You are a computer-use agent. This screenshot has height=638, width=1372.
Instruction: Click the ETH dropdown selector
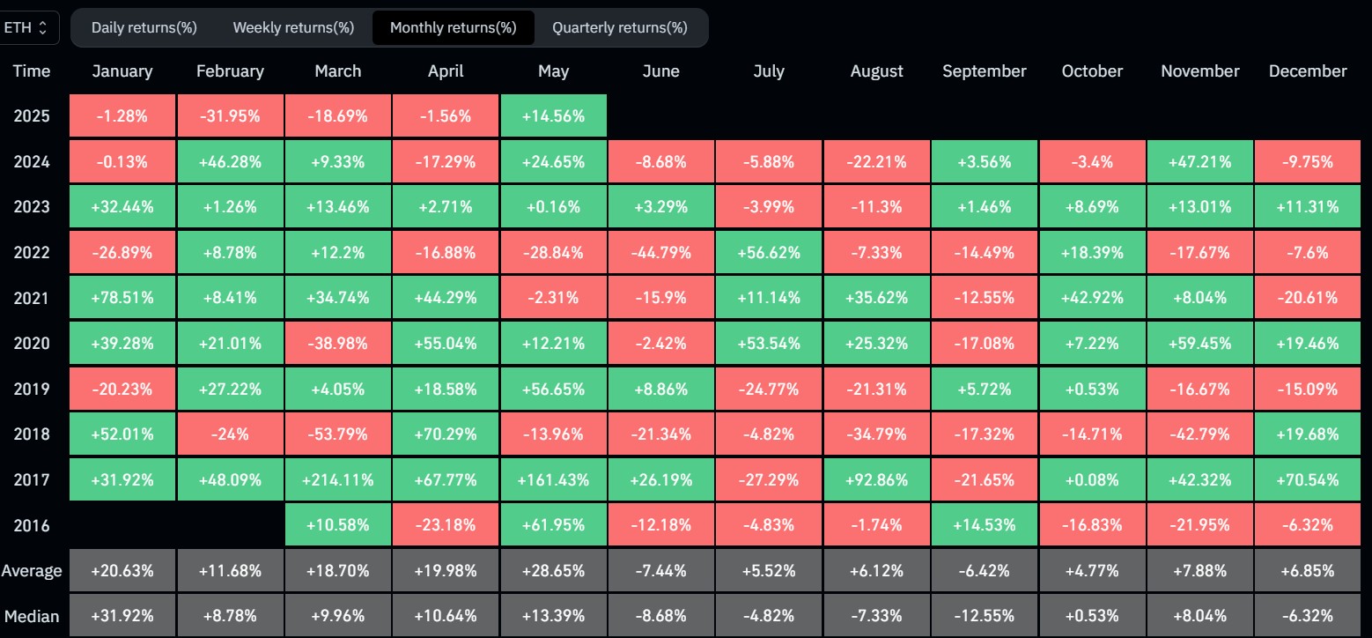click(29, 27)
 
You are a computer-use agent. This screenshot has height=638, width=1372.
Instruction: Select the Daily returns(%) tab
click(144, 27)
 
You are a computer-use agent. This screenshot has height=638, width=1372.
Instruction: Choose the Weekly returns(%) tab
click(293, 27)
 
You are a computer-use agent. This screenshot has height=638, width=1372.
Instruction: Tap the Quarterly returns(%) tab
click(619, 27)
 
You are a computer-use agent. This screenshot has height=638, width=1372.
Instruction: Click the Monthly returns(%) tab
click(453, 27)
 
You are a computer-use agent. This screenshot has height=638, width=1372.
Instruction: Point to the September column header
click(984, 71)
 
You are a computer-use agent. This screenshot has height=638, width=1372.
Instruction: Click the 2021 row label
click(32, 299)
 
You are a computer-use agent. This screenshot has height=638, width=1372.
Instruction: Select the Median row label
click(32, 616)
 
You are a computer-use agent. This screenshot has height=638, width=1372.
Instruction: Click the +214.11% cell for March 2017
click(338, 480)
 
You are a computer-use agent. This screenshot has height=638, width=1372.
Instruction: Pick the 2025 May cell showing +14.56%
click(553, 115)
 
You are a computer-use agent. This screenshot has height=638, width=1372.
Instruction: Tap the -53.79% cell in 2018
click(338, 434)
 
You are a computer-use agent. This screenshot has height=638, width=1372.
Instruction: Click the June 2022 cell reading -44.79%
click(660, 253)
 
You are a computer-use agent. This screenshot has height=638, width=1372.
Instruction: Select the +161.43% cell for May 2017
click(553, 480)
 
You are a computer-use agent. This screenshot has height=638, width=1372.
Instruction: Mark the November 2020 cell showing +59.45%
click(1199, 344)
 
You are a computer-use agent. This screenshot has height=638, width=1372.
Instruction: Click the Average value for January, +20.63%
click(122, 571)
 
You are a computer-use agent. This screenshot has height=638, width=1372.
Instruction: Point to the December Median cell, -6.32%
click(1308, 616)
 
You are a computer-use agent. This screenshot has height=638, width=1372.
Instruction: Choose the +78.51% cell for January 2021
click(122, 299)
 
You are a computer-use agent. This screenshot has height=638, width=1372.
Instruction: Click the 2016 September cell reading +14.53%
click(984, 526)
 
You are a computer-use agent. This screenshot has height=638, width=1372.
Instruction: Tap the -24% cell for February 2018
click(230, 434)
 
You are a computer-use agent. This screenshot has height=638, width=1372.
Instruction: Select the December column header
click(1308, 71)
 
